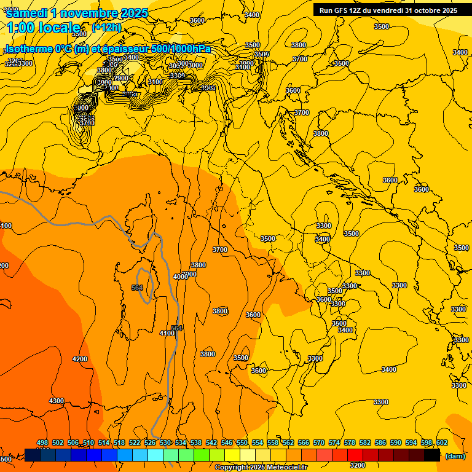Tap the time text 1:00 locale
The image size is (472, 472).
pyautogui.click(x=43, y=28)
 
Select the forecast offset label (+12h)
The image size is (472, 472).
pyautogui.click(x=106, y=28)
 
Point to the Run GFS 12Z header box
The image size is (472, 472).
pyautogui.click(x=388, y=10)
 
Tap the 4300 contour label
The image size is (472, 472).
pyautogui.click(x=56, y=401)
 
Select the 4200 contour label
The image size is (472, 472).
pyautogui.click(x=79, y=359)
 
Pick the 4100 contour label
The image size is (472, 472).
pyautogui.click(x=167, y=333)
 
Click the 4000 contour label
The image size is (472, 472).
pyautogui.click(x=180, y=277)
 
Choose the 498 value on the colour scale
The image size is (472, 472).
pyautogui.click(x=42, y=442)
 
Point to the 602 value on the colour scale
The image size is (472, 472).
pyautogui.click(x=441, y=442)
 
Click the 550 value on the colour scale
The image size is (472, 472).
pyautogui.click(x=242, y=442)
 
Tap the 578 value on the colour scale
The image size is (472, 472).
pyautogui.click(x=350, y=442)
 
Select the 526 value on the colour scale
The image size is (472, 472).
pyautogui.click(x=150, y=442)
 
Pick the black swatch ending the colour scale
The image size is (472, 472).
pyautogui.click(x=432, y=455)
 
